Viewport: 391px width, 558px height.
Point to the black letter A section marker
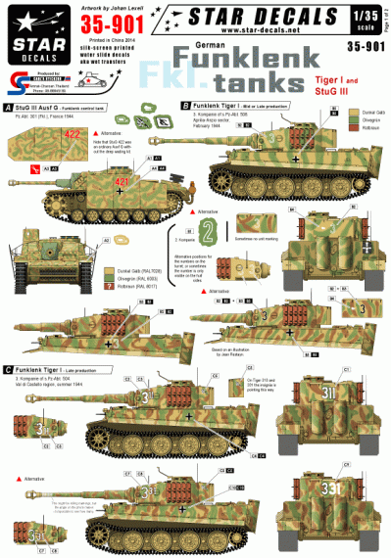[x=8, y=106]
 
